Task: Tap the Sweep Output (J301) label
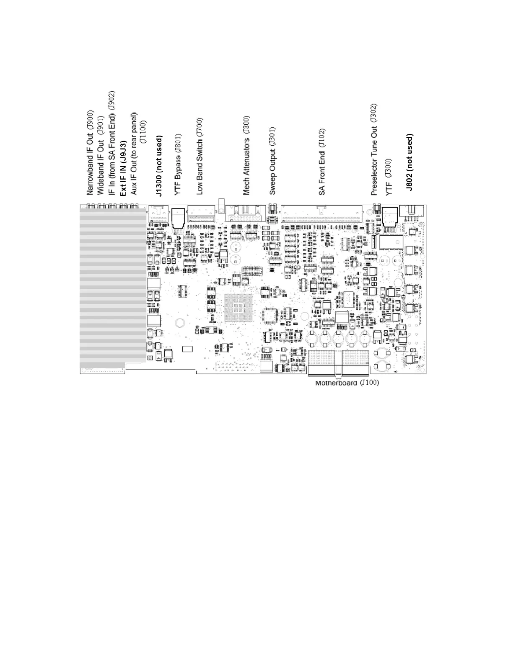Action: (272, 161)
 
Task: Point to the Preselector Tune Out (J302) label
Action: (374, 149)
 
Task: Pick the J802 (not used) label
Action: (410, 162)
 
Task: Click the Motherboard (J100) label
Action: (347, 383)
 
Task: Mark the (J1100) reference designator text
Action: (143, 132)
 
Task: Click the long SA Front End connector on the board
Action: (321, 214)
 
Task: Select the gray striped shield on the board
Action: (113, 285)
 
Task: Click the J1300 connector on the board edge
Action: (158, 213)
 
